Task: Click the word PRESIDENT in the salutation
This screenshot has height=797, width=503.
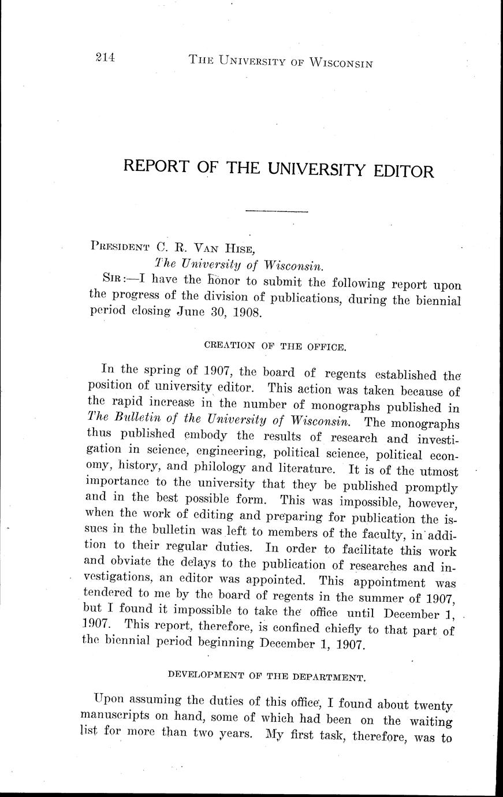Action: pos(121,245)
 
